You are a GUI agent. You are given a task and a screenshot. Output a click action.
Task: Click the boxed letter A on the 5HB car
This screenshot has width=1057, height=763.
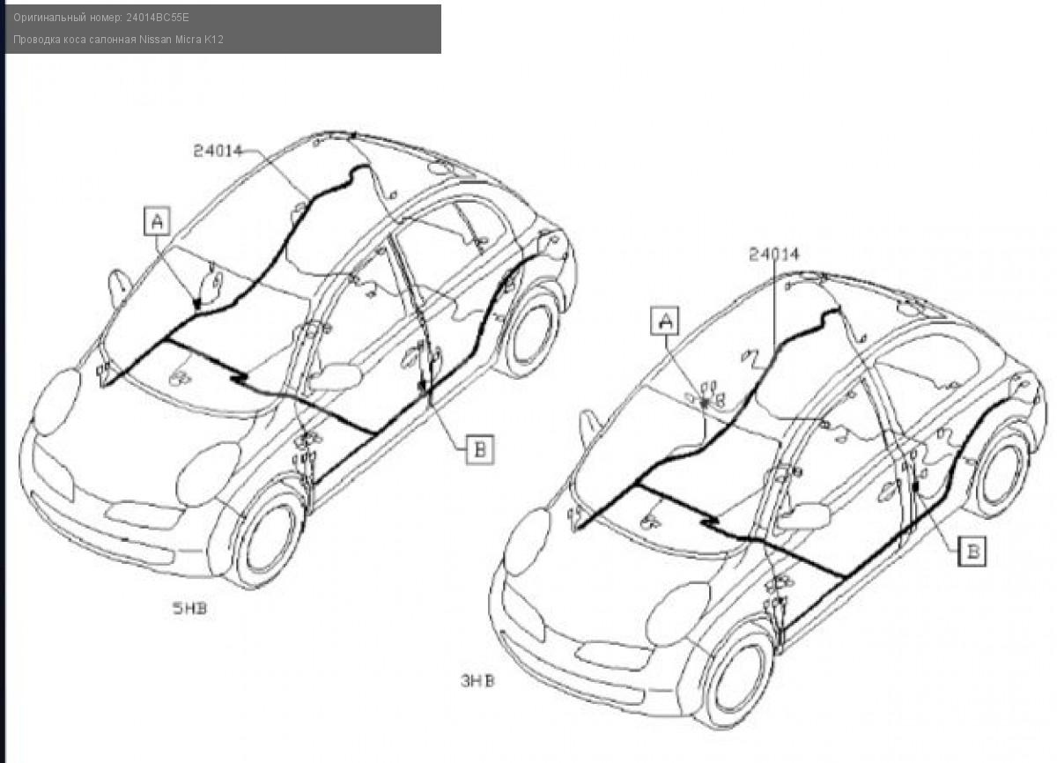coord(158,221)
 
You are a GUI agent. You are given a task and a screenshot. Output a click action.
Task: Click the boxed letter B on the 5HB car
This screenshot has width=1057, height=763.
coord(478,449)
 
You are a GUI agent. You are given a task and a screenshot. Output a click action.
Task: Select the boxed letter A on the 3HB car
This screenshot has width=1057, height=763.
coord(666,322)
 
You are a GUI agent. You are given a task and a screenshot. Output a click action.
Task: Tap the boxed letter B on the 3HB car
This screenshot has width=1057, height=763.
coord(972,552)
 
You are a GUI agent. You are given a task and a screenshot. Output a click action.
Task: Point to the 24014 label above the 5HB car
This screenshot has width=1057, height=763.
coord(218,151)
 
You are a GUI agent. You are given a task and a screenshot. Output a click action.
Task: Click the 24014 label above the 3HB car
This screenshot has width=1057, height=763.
coord(774,255)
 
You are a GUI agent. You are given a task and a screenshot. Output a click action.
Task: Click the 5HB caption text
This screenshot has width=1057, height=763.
coord(189,608)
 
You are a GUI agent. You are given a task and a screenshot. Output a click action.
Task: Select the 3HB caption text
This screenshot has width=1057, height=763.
coord(477,680)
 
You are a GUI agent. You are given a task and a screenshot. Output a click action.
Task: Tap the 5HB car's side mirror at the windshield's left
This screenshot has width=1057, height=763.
coord(118,287)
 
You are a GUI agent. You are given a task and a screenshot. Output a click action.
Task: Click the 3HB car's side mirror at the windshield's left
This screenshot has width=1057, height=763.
coord(588,427)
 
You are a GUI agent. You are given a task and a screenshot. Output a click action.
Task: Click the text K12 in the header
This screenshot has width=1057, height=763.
coord(214,40)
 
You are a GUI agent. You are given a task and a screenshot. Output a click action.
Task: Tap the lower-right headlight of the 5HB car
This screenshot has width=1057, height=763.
coord(208,474)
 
